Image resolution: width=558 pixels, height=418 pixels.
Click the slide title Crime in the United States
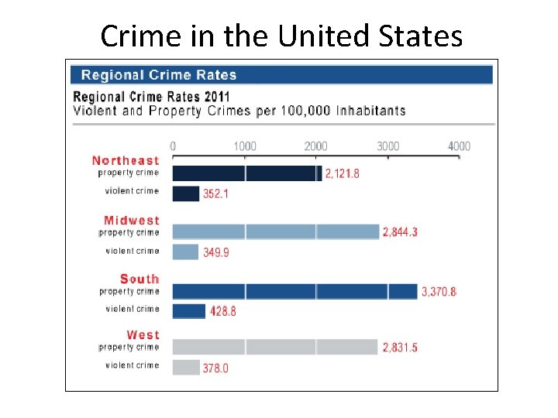point(281,36)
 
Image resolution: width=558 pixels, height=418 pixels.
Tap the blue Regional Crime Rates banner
point(281,75)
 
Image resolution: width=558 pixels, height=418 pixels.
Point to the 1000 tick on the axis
point(244,146)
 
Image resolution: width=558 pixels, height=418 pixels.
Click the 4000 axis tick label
point(458,146)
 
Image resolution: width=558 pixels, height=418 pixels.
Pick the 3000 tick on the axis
point(387,146)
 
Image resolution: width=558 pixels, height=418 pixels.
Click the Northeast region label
point(126,160)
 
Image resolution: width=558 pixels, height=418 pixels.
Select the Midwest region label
point(131,221)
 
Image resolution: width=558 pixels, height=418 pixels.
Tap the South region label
point(139,279)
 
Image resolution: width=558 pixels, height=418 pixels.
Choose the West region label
point(143,334)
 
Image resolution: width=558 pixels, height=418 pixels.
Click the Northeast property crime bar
point(246,173)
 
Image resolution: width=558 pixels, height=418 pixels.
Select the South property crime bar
point(294,291)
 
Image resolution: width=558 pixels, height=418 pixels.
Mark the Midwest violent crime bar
point(185,252)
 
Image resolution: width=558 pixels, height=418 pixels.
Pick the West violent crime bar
point(186,367)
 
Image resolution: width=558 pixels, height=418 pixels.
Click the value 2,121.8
point(342,174)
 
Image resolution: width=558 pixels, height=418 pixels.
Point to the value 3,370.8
point(439,292)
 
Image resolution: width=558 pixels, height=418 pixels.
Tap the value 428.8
point(222,310)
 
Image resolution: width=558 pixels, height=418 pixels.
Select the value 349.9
point(215,252)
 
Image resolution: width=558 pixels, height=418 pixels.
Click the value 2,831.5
point(400,348)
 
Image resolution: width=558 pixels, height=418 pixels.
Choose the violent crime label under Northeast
point(132,190)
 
